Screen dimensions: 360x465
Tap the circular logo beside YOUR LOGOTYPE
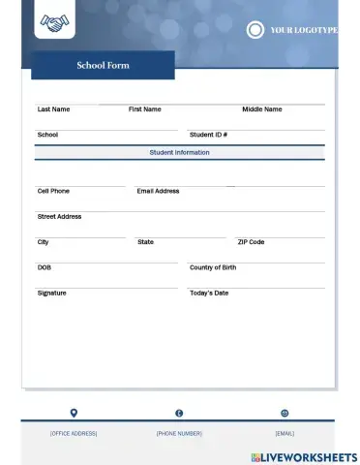pyautogui.click(x=255, y=30)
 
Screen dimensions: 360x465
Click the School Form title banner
pyautogui.click(x=103, y=66)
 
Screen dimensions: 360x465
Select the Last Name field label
pyautogui.click(x=53, y=109)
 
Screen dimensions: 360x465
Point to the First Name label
pyautogui.click(x=145, y=109)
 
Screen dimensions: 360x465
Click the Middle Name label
pyautogui.click(x=262, y=109)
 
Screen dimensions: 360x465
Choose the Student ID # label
pyautogui.click(x=208, y=135)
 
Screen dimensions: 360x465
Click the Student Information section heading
pyautogui.click(x=179, y=153)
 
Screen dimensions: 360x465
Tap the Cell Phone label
pyautogui.click(x=53, y=191)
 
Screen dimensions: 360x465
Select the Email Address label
pyautogui.click(x=158, y=191)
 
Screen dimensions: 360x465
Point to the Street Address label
pyautogui.click(x=59, y=216)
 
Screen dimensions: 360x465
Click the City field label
pyautogui.click(x=43, y=241)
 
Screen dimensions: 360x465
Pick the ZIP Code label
pyautogui.click(x=251, y=241)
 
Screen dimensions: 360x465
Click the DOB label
pyautogui.click(x=44, y=267)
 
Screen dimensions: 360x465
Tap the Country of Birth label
pyautogui.click(x=213, y=267)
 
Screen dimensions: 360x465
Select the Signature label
pyautogui.click(x=51, y=293)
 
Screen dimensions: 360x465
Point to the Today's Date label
pyautogui.click(x=209, y=293)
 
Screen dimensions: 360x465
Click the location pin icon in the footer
pyautogui.click(x=74, y=413)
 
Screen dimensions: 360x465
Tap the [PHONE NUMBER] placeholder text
pyautogui.click(x=179, y=433)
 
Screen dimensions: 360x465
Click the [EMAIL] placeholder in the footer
pyautogui.click(x=285, y=433)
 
